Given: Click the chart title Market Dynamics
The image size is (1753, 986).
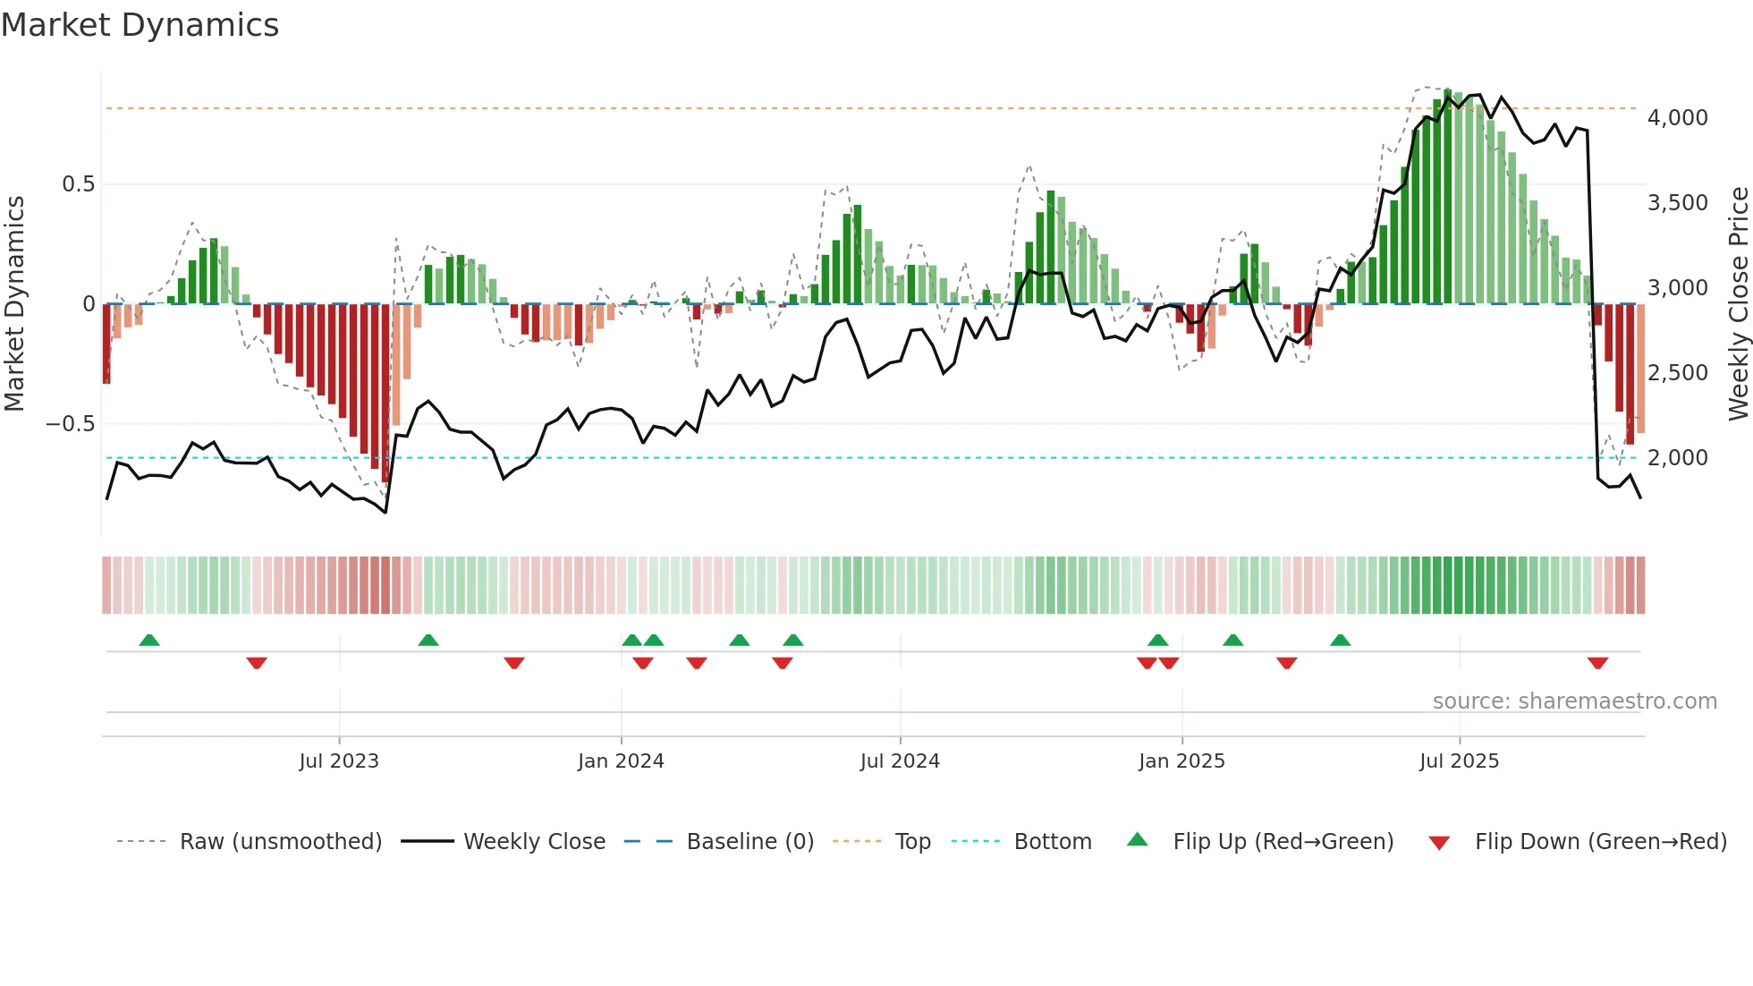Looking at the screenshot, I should (x=140, y=25).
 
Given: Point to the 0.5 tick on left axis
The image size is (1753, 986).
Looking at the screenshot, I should (x=78, y=184).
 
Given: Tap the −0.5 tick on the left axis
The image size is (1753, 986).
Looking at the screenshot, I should (x=71, y=424).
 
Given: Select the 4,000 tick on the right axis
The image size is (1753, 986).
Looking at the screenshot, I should (x=1677, y=118).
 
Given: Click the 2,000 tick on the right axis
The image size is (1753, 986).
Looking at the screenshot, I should (x=1677, y=458).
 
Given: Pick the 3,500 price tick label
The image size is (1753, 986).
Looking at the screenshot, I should (x=1677, y=203).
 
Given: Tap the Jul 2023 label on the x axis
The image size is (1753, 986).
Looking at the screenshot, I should (x=339, y=761).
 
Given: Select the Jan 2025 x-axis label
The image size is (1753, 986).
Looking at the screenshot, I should (x=1181, y=761).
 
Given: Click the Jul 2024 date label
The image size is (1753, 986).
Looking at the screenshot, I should (x=900, y=761).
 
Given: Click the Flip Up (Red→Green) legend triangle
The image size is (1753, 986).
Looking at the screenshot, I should (x=1137, y=840).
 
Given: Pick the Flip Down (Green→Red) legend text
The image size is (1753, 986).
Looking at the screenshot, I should (x=1600, y=842).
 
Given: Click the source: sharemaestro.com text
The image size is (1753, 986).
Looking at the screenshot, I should (x=1574, y=701).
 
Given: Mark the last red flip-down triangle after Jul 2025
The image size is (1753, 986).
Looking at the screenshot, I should (x=1598, y=663).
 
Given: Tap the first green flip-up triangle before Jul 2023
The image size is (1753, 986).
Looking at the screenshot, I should (x=149, y=641).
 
